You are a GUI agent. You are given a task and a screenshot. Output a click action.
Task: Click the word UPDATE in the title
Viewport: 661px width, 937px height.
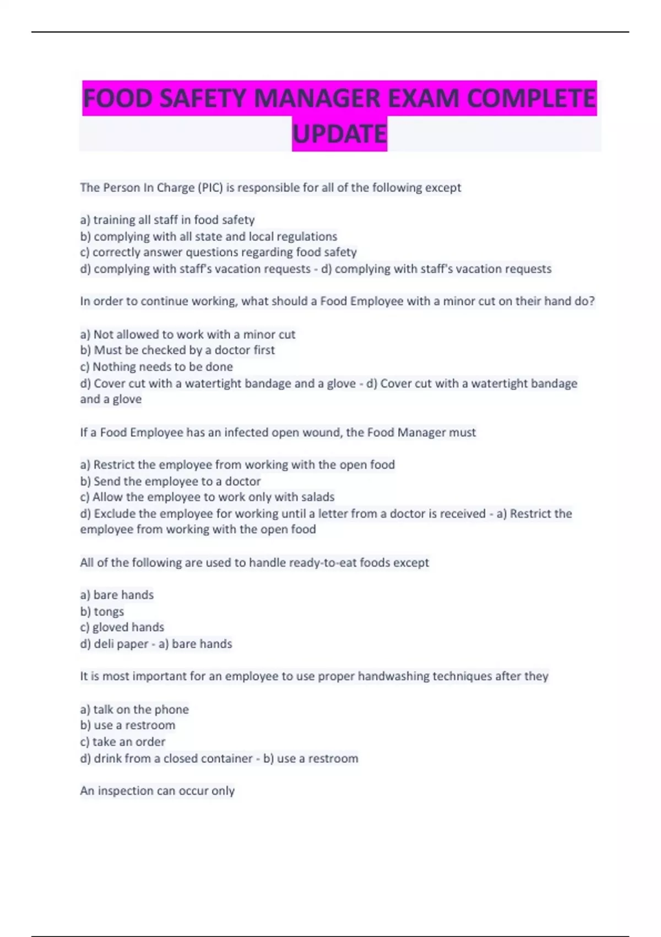pyautogui.click(x=339, y=134)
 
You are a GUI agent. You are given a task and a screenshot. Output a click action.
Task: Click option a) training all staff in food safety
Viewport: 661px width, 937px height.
pyautogui.click(x=167, y=220)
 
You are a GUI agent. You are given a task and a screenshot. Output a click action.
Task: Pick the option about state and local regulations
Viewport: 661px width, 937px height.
pyautogui.click(x=209, y=236)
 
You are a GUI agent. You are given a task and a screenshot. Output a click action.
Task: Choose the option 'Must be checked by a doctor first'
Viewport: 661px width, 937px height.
pyautogui.click(x=177, y=350)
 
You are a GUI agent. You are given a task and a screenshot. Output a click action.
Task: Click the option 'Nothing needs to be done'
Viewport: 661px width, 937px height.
pyautogui.click(x=156, y=367)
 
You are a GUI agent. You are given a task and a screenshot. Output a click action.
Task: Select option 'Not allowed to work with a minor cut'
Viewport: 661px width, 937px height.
pyautogui.click(x=187, y=334)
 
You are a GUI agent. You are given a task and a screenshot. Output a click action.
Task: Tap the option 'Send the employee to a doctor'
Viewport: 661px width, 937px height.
pyautogui.click(x=170, y=481)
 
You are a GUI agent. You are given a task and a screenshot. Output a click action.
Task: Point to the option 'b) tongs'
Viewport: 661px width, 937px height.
pyautogui.click(x=102, y=611)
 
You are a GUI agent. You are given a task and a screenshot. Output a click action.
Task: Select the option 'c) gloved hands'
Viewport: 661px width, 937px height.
pyautogui.click(x=122, y=627)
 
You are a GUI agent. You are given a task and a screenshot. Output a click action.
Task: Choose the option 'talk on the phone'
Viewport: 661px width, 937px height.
pyautogui.click(x=134, y=709)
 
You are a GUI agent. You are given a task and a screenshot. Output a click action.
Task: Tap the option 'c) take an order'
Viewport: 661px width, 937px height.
pyautogui.click(x=122, y=742)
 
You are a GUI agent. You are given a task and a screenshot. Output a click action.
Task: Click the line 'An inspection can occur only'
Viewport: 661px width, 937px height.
pyautogui.click(x=157, y=790)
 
